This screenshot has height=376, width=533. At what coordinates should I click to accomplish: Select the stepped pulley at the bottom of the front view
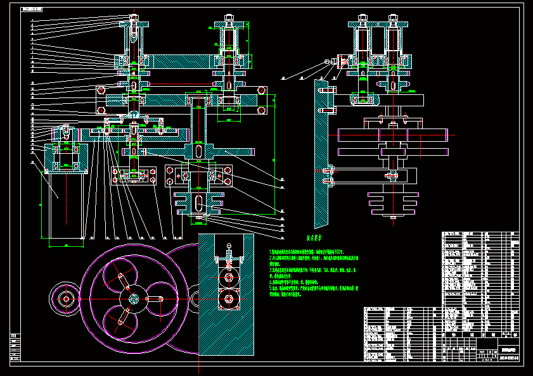[x=199, y=204]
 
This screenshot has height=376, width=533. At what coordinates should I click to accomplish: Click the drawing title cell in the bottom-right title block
[x=508, y=349]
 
